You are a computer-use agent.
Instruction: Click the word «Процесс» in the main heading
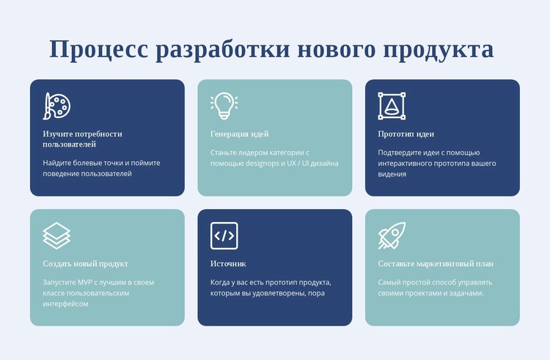[x=99, y=49]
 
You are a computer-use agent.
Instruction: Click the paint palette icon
[x=56, y=106]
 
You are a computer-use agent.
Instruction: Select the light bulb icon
[x=224, y=106]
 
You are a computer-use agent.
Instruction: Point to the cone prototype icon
[x=392, y=106]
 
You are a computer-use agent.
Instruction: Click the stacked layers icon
[x=56, y=236]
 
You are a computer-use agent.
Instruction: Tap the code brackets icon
[x=224, y=236]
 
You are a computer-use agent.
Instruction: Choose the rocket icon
[x=392, y=236]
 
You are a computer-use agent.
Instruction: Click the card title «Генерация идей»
[x=240, y=134]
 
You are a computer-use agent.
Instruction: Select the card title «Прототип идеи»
[x=406, y=134]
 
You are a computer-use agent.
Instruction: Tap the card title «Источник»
[x=228, y=264]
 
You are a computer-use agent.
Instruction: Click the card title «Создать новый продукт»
[x=85, y=264]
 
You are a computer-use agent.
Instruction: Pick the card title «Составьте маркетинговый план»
[x=436, y=264]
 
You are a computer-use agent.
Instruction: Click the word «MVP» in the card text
[x=84, y=282]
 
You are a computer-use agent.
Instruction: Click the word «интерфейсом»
[x=65, y=304]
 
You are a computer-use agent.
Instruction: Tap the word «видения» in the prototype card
[x=392, y=175]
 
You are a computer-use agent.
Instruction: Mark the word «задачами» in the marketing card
[x=467, y=293]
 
